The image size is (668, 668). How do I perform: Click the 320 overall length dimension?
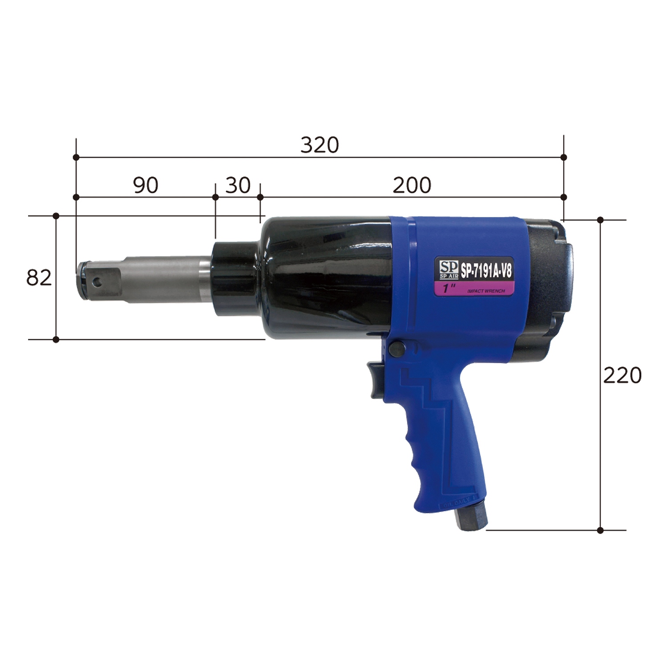tap(319, 145)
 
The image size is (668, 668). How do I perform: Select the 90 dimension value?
tap(146, 185)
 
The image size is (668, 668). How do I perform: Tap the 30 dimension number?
tap(238, 185)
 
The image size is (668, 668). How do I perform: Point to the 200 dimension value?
tap(411, 185)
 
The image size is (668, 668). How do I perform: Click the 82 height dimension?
tap(39, 278)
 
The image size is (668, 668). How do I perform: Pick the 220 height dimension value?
tap(622, 375)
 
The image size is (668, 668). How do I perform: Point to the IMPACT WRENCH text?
tap(486, 291)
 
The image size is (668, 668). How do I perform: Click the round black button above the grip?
tap(396, 349)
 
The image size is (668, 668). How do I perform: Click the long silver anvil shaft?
tap(165, 279)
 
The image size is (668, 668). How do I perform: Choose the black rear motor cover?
tap(546, 285)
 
